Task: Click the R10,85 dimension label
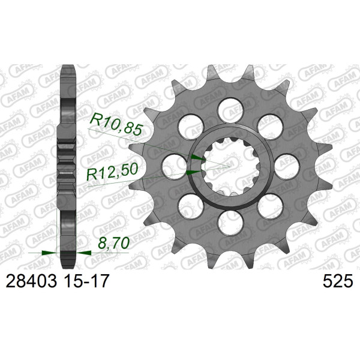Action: click(x=116, y=125)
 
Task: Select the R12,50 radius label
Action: click(x=112, y=172)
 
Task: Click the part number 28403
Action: click(x=31, y=281)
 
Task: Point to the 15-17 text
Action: click(x=85, y=281)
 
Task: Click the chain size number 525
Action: click(x=337, y=281)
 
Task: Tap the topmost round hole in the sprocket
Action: click(x=230, y=110)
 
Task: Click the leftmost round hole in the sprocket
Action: click(x=175, y=167)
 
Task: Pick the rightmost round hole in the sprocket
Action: click(x=287, y=167)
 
